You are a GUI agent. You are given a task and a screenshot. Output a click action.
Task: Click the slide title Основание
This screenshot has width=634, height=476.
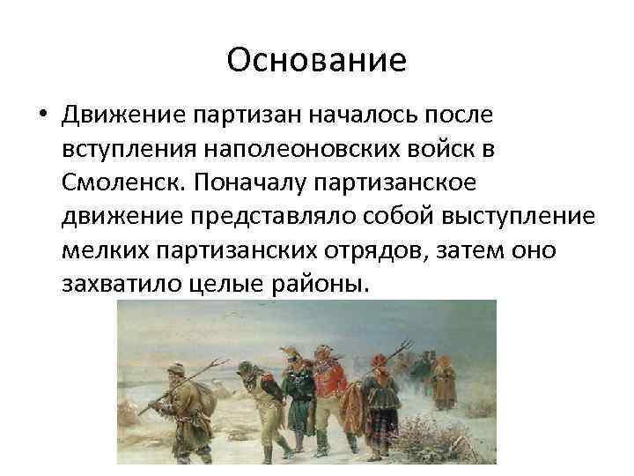tap(316, 60)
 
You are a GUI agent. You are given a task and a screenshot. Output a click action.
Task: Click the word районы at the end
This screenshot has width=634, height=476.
tap(326, 285)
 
